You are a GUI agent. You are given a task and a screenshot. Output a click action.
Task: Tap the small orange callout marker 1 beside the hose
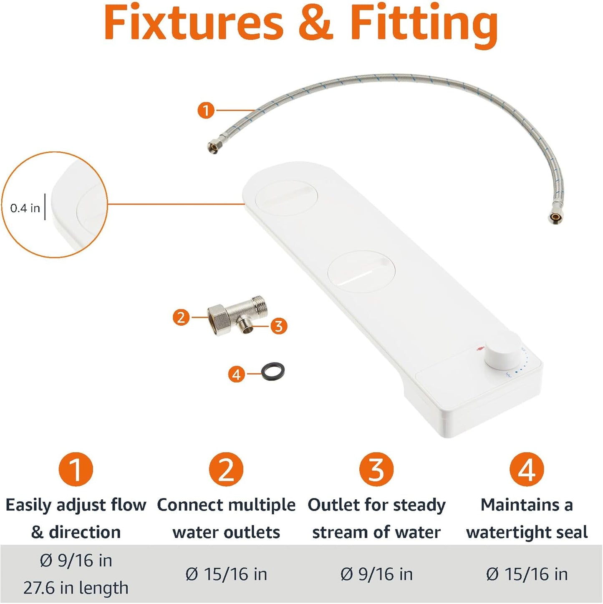(x=206, y=111)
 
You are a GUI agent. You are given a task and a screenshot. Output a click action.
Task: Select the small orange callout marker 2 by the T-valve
(x=181, y=317)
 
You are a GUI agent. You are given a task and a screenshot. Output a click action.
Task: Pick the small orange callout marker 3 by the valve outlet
(x=279, y=326)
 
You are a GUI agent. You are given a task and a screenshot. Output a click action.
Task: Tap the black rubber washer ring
(x=273, y=370)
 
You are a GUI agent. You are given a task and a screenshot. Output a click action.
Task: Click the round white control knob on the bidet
(x=502, y=351)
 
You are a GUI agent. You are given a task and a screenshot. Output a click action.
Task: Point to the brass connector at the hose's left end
(x=213, y=148)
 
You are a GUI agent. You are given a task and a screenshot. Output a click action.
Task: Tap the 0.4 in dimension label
(x=25, y=208)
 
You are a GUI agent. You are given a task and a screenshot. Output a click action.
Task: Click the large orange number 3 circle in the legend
(x=376, y=469)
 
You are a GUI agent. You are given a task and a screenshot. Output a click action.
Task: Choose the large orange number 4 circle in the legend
(x=527, y=469)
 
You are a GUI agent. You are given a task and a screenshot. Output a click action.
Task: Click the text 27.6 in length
(x=76, y=588)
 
